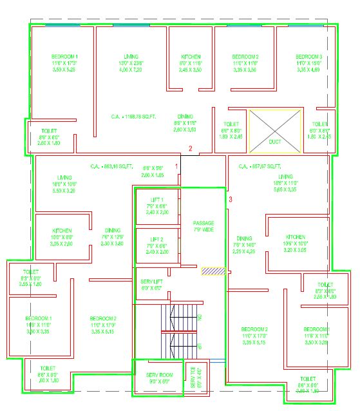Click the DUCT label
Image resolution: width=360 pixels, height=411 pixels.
pyautogui.click(x=275, y=141)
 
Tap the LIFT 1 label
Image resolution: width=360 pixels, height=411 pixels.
pyautogui.click(x=157, y=200)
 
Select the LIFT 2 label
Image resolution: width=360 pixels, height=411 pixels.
pyautogui.click(x=157, y=240)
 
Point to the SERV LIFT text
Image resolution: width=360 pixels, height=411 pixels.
pyautogui.click(x=152, y=282)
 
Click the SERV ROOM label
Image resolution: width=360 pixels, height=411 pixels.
pyautogui.click(x=156, y=375)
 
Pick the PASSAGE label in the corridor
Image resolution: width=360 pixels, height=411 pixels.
pyautogui.click(x=204, y=224)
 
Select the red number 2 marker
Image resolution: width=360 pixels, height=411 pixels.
pyautogui.click(x=191, y=149)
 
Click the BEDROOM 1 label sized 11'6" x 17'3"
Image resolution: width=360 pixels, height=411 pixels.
pyautogui.click(x=64, y=57)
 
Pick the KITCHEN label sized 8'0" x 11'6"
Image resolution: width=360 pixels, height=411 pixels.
pyautogui.click(x=191, y=57)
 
